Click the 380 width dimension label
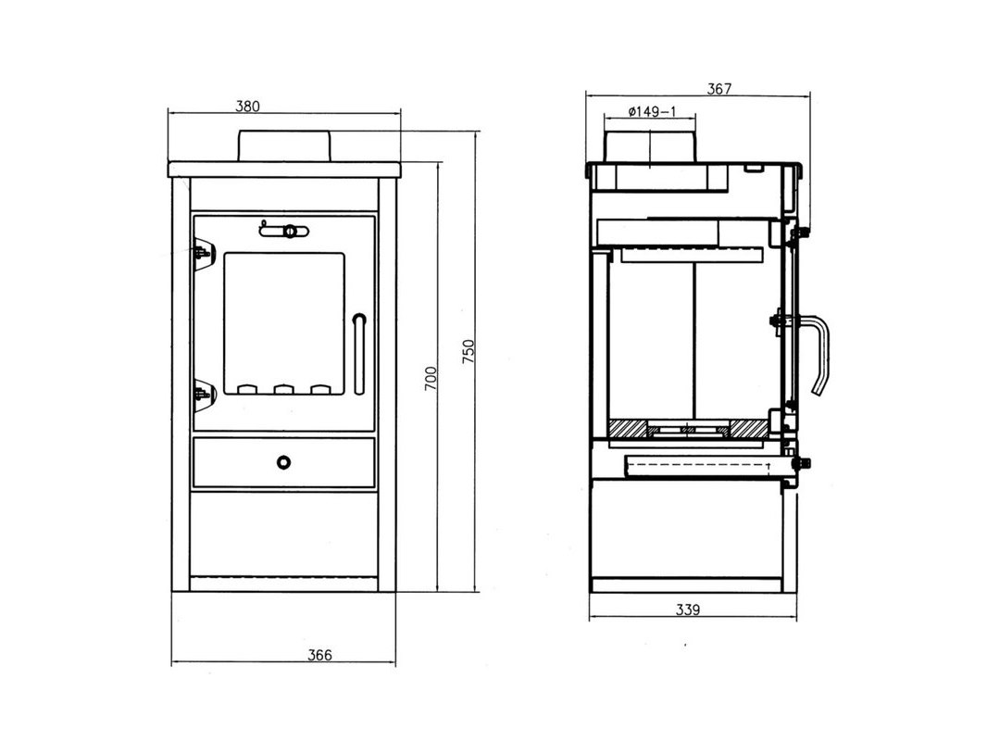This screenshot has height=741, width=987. [247, 106]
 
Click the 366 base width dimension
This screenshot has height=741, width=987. [319, 655]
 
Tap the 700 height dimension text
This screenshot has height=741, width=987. [431, 378]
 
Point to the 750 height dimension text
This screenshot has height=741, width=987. [469, 351]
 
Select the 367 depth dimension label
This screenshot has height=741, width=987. [718, 89]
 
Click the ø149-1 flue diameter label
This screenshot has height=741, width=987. [652, 111]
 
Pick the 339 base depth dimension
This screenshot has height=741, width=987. [687, 609]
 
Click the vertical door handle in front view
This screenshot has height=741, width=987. [359, 354]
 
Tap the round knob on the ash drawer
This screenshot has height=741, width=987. [284, 463]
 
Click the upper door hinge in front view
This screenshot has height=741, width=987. [204, 253]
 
